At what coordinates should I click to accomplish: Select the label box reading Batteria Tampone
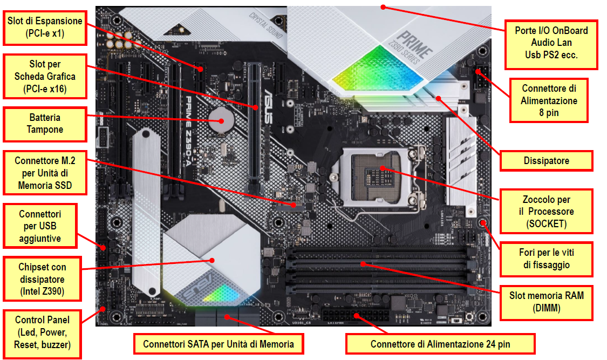click(45, 124)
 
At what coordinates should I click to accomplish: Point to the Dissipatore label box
click(546, 160)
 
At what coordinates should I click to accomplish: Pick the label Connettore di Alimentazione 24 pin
click(440, 344)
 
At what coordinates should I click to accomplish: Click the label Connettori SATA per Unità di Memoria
click(219, 344)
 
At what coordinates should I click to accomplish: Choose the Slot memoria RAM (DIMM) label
click(546, 302)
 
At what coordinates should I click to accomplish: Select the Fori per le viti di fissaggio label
click(546, 258)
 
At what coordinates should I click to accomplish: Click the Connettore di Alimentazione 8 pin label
click(549, 100)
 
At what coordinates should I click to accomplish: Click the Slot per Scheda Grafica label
click(45, 76)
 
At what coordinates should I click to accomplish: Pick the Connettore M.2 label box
click(45, 173)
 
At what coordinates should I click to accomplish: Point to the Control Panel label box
click(42, 334)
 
